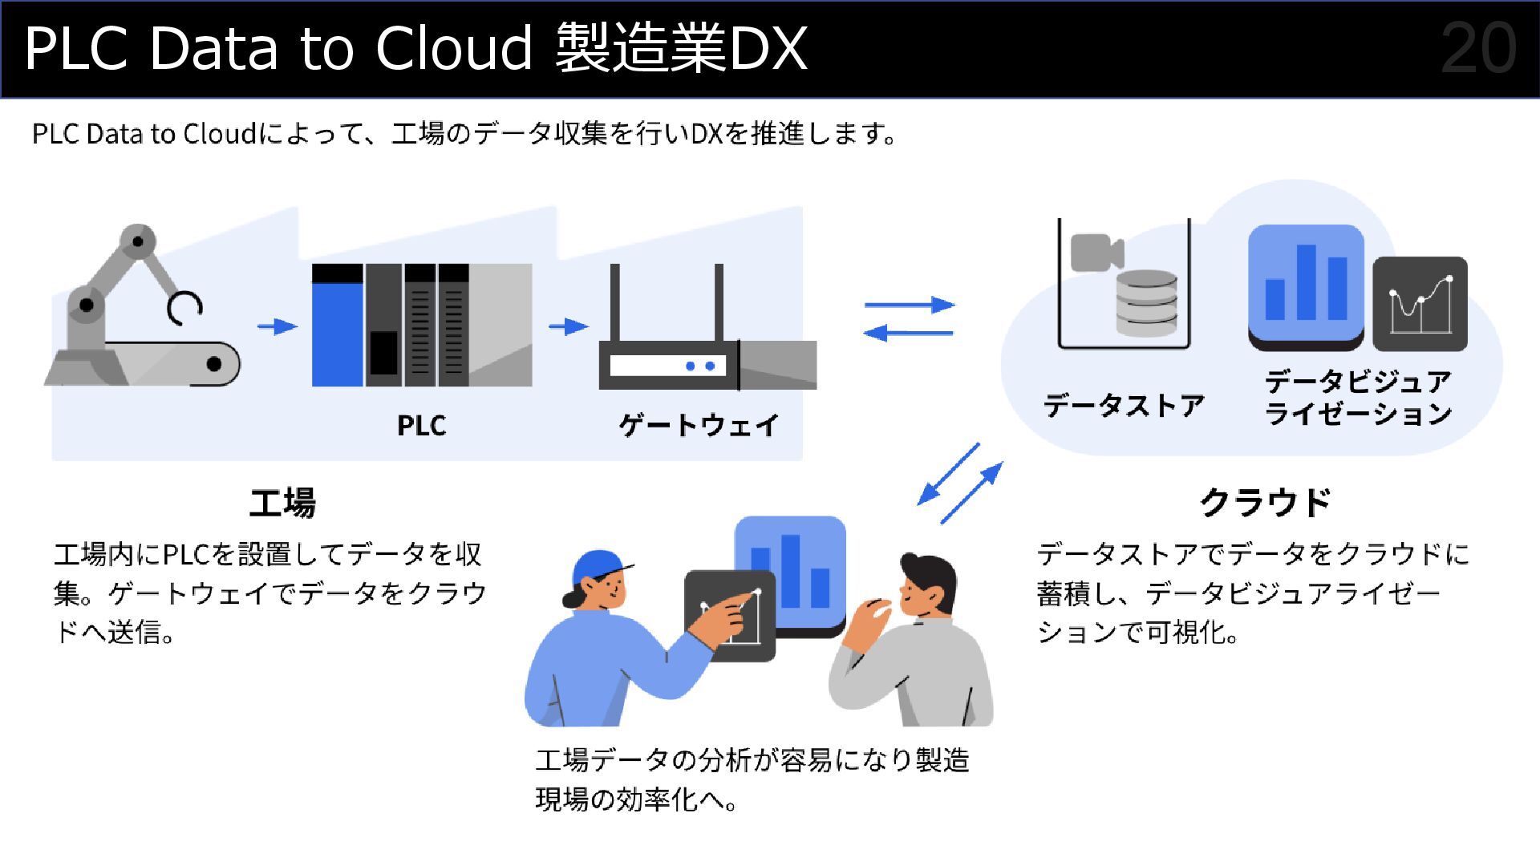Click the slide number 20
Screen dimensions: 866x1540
(1477, 48)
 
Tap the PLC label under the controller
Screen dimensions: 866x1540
(421, 425)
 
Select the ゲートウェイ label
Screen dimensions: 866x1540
(698, 425)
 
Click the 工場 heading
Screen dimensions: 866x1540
(282, 503)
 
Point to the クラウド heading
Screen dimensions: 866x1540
(1265, 503)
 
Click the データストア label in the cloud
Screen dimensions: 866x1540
(1124, 406)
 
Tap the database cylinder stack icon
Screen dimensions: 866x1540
(1147, 303)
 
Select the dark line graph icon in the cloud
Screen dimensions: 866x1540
(1420, 304)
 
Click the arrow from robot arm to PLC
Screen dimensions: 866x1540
(277, 326)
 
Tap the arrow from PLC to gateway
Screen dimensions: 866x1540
(568, 326)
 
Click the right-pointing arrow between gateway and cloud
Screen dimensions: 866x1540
(910, 305)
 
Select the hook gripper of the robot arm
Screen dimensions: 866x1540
(185, 308)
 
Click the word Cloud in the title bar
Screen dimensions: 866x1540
(453, 48)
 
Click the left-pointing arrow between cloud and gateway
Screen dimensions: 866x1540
(908, 333)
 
